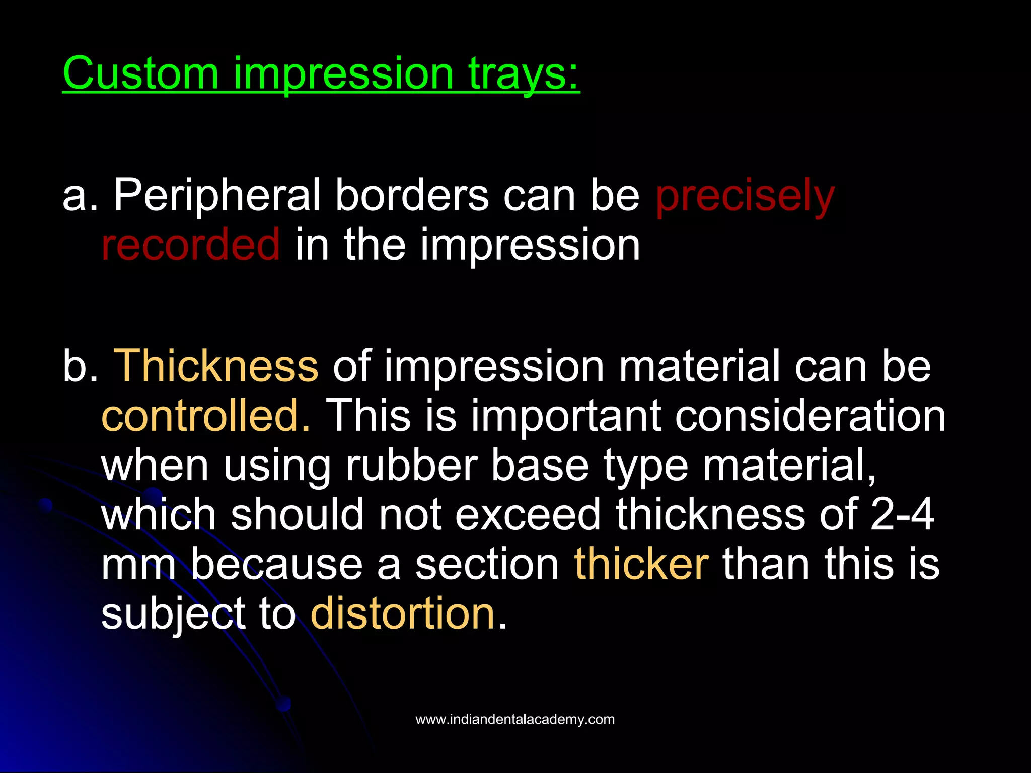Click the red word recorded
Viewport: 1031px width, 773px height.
[x=190, y=245]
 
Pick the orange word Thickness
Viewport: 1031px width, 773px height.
[x=216, y=366]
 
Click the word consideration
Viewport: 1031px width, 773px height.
[x=810, y=416]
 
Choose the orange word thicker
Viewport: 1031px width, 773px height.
[x=641, y=564]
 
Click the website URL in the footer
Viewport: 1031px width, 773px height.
[x=515, y=719]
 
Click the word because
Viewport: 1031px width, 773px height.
[x=276, y=564]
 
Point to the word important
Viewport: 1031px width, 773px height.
[x=566, y=416]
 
